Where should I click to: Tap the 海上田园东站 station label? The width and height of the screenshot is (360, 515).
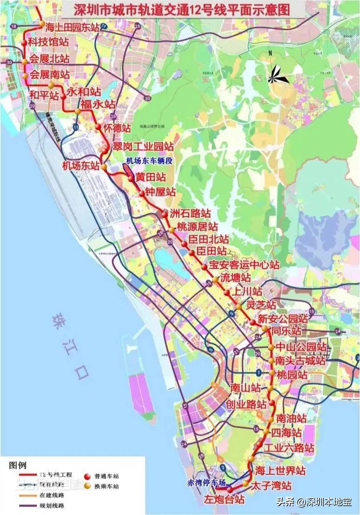(x=72, y=27)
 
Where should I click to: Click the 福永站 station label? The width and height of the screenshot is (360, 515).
(x=98, y=104)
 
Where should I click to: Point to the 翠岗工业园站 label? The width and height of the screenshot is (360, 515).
(x=144, y=147)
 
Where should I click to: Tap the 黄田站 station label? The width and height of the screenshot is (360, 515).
(x=151, y=177)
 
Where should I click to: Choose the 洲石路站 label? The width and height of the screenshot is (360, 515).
(x=190, y=214)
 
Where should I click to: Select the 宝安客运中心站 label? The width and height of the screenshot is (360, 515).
(x=244, y=265)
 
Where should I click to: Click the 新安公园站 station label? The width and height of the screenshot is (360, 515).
(x=282, y=319)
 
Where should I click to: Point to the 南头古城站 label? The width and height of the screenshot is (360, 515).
(x=300, y=361)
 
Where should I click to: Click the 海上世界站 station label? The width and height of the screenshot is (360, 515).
(x=281, y=471)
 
